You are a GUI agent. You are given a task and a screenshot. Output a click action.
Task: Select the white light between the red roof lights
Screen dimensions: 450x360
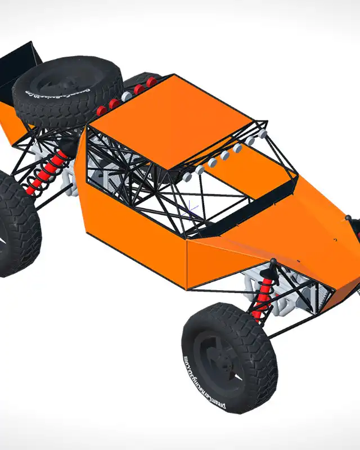[127, 97]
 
